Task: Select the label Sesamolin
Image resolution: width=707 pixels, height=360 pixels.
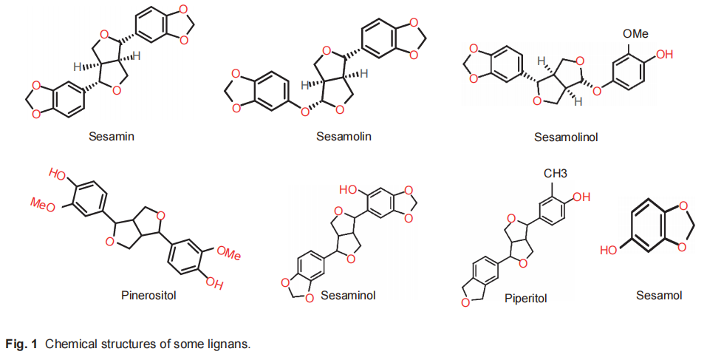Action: [x=344, y=136]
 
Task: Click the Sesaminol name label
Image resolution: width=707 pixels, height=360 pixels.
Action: [x=349, y=295]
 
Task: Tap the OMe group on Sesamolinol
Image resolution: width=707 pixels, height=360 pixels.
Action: [x=636, y=34]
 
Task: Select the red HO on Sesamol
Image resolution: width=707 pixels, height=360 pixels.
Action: [x=608, y=251]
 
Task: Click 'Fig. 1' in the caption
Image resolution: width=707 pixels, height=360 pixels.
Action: [x=21, y=344]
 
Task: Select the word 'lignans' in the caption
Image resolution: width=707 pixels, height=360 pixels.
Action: [x=233, y=344]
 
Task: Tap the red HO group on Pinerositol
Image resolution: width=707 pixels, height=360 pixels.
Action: [x=58, y=174]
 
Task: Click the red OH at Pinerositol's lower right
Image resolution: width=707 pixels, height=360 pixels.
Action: [x=214, y=282]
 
